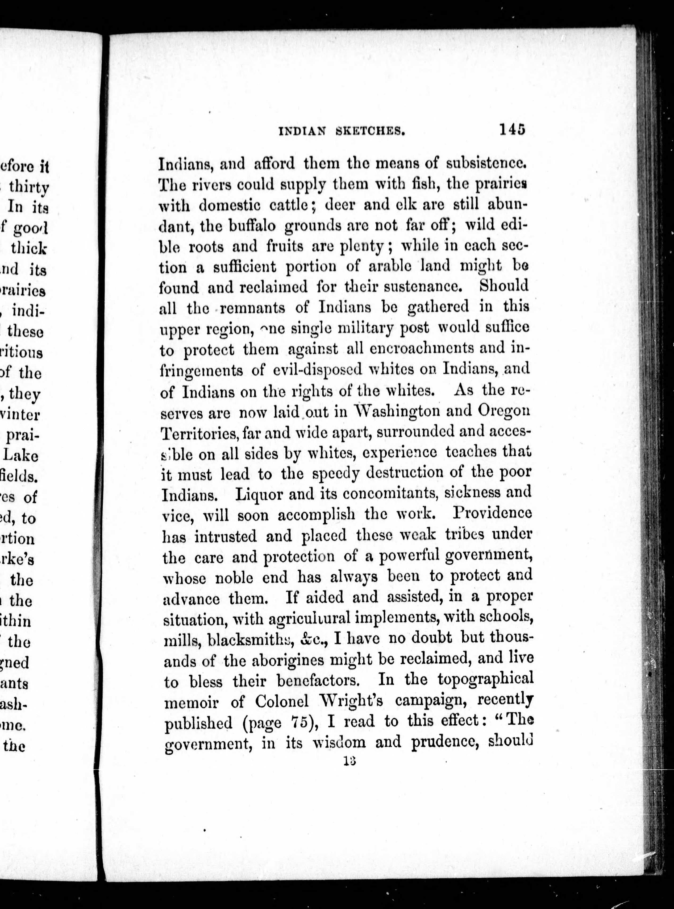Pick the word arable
pos(395,267)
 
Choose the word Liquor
pos(259,495)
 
